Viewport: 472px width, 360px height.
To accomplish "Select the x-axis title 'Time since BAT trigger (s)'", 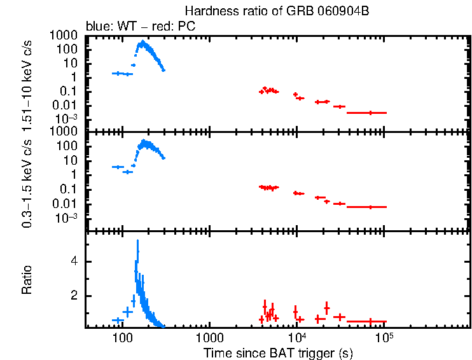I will coord(278,352).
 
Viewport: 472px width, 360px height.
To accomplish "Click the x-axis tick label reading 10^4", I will coord(296,337).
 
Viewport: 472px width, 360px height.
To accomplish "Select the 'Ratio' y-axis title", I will coord(27,279).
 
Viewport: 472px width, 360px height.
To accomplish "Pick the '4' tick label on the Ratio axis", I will coord(74,261).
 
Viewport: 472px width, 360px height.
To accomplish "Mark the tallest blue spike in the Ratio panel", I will coord(137,242).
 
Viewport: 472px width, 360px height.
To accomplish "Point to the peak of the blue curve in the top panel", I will coord(142,43).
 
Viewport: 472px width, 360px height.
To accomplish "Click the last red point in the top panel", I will coord(370,113).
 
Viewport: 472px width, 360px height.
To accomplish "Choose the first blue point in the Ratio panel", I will coord(116,320).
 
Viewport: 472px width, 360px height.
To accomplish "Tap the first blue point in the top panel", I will coord(116,73).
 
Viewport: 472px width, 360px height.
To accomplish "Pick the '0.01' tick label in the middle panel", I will coord(68,204).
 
